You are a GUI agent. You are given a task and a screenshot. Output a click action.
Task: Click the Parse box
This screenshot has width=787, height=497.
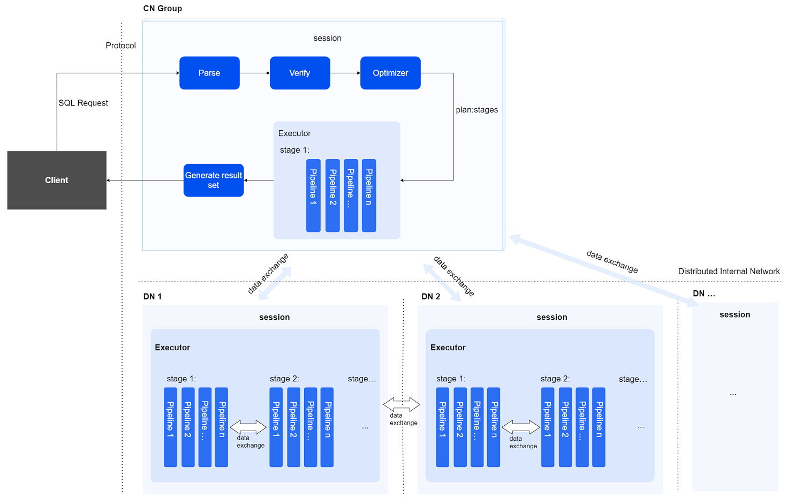[x=209, y=73]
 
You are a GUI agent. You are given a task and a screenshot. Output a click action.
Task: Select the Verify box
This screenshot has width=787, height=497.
[x=300, y=73]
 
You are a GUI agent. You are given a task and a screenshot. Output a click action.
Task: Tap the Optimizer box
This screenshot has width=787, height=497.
[x=390, y=73]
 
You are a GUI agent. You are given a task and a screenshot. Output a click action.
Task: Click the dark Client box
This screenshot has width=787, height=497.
[x=57, y=180]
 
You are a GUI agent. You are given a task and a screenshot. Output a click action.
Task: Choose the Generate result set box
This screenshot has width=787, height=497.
[x=214, y=180]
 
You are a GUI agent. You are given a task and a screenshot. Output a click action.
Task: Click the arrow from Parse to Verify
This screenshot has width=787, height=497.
[x=255, y=73]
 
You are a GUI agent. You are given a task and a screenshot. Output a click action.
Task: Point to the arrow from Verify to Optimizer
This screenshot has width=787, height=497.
[x=345, y=73]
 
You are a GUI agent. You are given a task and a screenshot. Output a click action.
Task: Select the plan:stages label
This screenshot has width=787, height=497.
[x=476, y=110]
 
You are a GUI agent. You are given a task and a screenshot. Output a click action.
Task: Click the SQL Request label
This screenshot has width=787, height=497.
[x=83, y=103]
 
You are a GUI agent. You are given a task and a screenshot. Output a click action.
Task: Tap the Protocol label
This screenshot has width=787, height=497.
[x=120, y=46]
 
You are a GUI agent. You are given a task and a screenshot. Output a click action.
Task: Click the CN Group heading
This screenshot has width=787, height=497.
[x=162, y=9]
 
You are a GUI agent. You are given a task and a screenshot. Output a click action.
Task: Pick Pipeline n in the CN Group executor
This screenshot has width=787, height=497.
[x=369, y=195]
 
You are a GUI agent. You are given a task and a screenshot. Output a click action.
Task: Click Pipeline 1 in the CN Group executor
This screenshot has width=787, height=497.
[x=313, y=195]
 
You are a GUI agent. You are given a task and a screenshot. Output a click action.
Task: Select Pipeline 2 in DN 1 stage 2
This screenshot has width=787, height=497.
[x=293, y=427]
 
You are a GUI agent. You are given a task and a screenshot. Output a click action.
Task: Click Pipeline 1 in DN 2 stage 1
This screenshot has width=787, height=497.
[x=442, y=427]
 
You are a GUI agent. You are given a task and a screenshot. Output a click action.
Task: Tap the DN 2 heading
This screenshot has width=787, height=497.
[x=430, y=297]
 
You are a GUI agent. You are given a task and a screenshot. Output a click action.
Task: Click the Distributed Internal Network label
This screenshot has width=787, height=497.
[x=729, y=272]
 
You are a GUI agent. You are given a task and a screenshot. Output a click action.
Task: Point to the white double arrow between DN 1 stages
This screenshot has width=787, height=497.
[x=248, y=427]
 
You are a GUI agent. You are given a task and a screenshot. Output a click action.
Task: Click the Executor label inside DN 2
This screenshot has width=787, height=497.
[x=448, y=348]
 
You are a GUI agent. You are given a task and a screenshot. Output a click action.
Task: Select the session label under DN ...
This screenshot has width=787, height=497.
[x=735, y=315]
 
